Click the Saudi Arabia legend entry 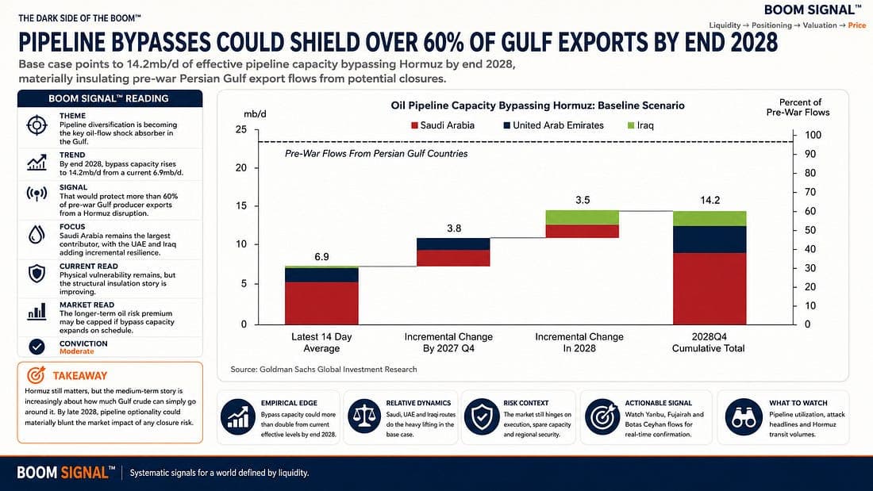coord(443,125)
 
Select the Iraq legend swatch coord(631,125)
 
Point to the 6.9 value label coord(321,257)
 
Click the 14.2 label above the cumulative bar coord(710,201)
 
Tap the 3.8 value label coord(454,228)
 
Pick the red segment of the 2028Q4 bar coord(710,289)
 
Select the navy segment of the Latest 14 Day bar coord(321,275)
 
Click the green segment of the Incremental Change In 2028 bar coord(583,217)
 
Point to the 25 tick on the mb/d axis coord(241,129)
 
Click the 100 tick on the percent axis coord(813,135)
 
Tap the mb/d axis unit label coord(255,114)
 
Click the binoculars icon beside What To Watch coord(744,417)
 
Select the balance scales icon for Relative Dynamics coord(364,417)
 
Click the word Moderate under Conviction coord(77,351)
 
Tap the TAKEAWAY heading coord(80,376)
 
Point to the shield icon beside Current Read coord(37,274)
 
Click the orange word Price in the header coord(857,25)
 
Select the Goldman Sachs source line coord(324,369)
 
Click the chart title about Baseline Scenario coord(538,105)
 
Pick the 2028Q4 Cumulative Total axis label coord(708,343)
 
